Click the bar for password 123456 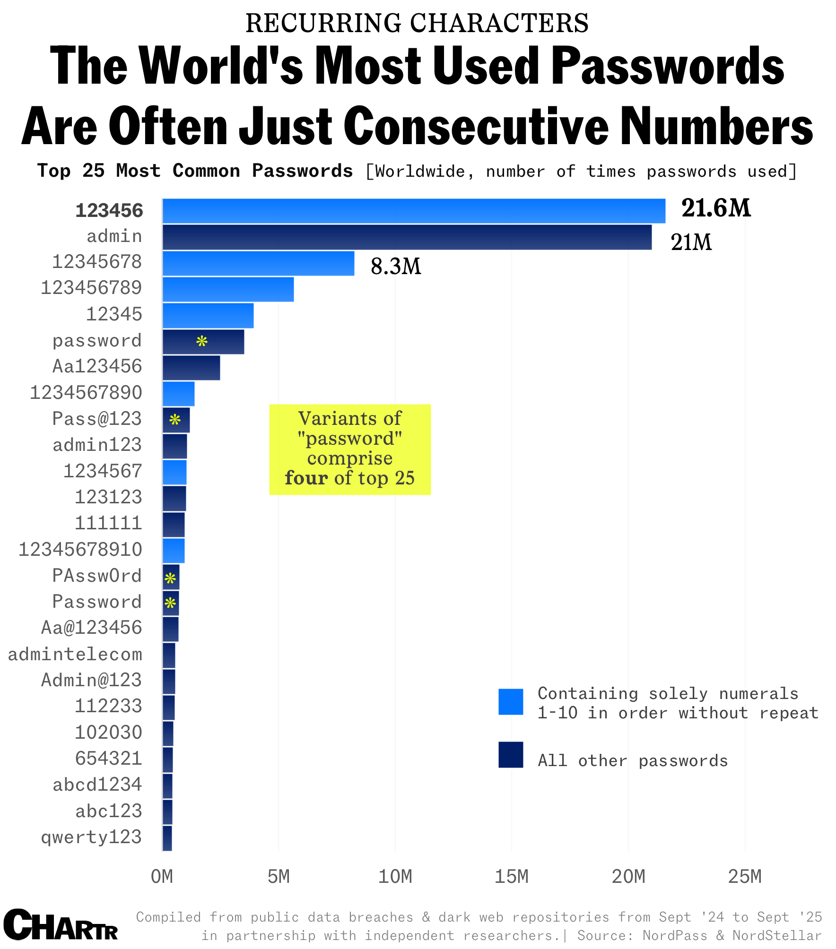[414, 211]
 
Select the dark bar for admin [407, 237]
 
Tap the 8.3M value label [396, 267]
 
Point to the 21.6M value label [715, 208]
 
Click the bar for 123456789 [228, 289]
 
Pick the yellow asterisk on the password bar [202, 342]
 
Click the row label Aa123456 [97, 367]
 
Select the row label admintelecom [75, 655]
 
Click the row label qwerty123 [91, 837]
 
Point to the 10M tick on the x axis [395, 877]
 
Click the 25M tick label [745, 877]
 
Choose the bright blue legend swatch [511, 702]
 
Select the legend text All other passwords [633, 761]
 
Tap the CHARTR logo [61, 925]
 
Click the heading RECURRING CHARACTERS [417, 23]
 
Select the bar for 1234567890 [178, 394]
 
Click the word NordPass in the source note [675, 936]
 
